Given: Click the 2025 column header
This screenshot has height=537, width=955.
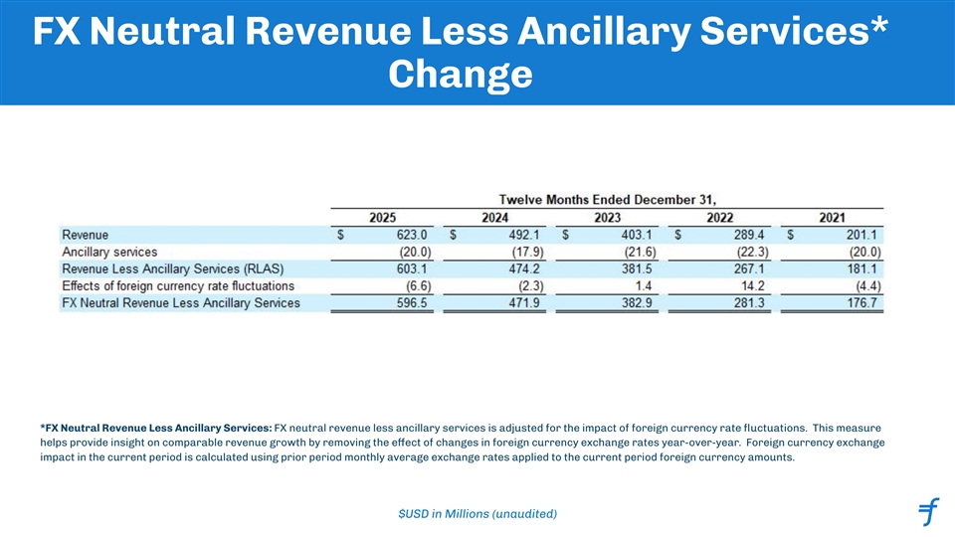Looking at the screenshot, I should point(383,217).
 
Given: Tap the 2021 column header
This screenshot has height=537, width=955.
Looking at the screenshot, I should point(833,217).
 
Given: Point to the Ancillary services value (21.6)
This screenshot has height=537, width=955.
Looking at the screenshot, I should point(632,252).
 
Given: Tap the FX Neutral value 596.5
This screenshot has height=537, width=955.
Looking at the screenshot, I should point(409,302).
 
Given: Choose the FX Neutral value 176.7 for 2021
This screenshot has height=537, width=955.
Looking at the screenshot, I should point(859,302).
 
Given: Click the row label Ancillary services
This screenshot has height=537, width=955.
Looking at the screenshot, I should point(109,252).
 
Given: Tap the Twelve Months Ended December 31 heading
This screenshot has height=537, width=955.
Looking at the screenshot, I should point(607,197).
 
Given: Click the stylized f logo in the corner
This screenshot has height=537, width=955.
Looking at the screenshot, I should point(928,511).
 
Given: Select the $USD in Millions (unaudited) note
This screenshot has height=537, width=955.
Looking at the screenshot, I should point(477,513).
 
